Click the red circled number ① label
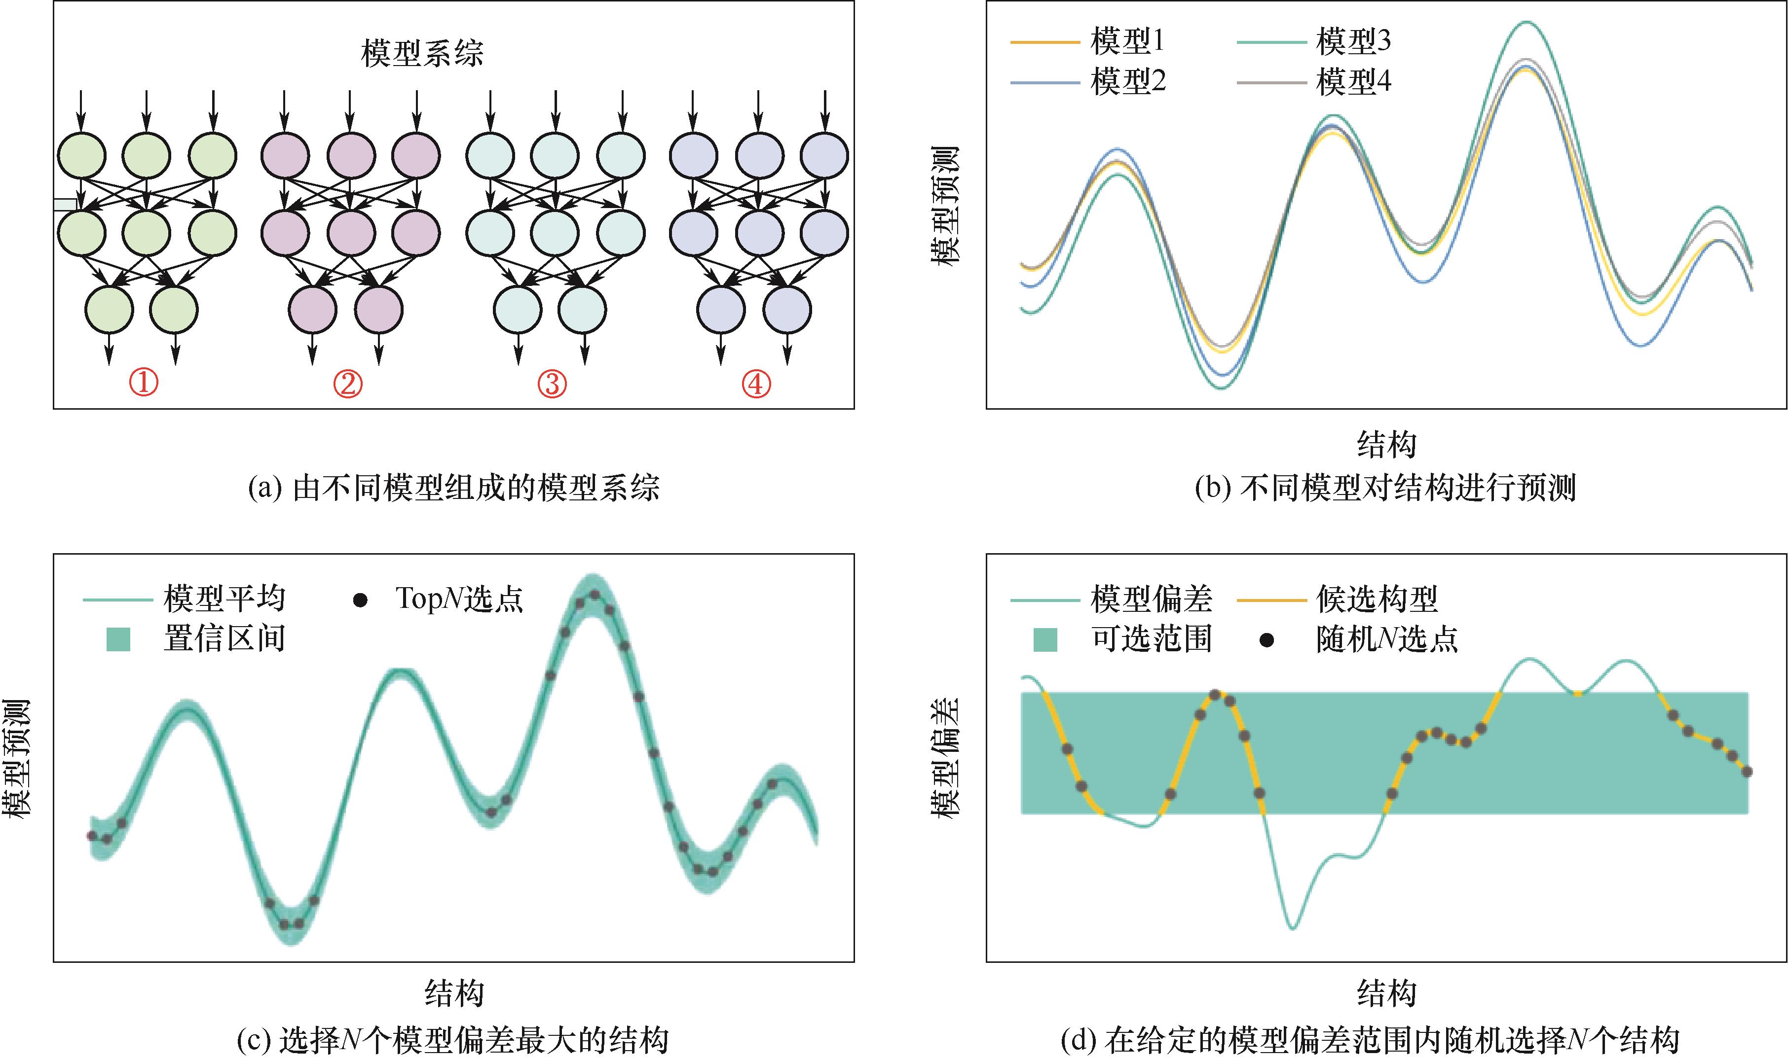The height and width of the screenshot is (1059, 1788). coord(144,384)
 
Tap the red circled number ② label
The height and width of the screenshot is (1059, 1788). coord(348,384)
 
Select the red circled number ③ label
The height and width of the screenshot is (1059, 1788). coord(552,384)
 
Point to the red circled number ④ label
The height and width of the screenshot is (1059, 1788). coord(756,384)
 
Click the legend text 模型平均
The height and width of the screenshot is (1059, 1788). coord(224,598)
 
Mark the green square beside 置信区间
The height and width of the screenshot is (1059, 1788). coord(118,638)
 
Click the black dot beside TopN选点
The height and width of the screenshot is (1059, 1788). coord(361,600)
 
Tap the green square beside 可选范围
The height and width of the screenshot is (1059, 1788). coord(1045,638)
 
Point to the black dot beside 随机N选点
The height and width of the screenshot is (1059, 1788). coord(1266,640)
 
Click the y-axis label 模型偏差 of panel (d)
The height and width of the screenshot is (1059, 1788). coord(945,758)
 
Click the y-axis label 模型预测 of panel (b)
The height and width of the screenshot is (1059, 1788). coord(945,206)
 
